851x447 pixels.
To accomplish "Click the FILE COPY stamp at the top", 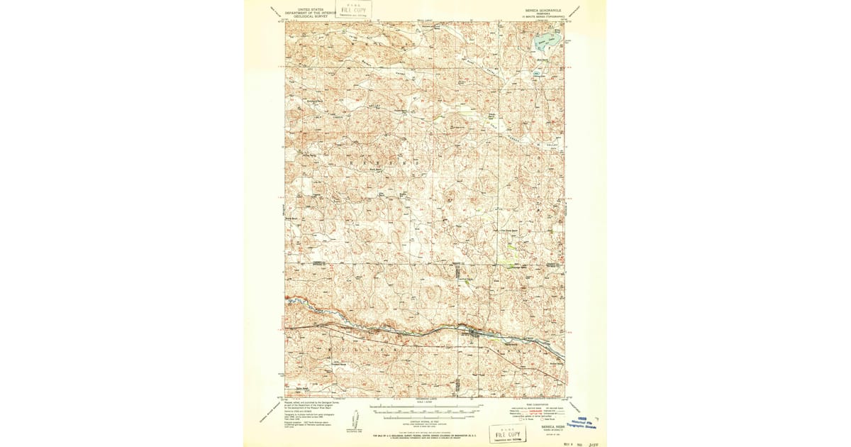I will click(354, 9).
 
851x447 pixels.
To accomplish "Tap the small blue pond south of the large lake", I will click(537, 73).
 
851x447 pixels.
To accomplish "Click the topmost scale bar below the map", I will click(425, 407).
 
